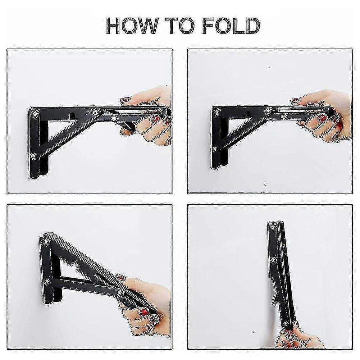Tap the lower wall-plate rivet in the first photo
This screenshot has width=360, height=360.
pyautogui.click(x=33, y=156)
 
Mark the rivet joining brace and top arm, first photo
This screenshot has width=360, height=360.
pyautogui.click(x=96, y=113)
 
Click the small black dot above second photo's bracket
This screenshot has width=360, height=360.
pyautogui.click(x=269, y=67)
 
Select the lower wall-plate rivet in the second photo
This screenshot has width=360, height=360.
pyautogui.click(x=215, y=149)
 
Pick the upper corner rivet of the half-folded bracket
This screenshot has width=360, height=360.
pyautogui.click(x=46, y=241)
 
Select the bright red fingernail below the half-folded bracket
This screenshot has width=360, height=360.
pyautogui.click(x=144, y=312)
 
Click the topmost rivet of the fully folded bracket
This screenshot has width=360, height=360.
pyautogui.click(x=273, y=227)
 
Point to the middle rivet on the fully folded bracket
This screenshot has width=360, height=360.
pyautogui.click(x=274, y=259)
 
